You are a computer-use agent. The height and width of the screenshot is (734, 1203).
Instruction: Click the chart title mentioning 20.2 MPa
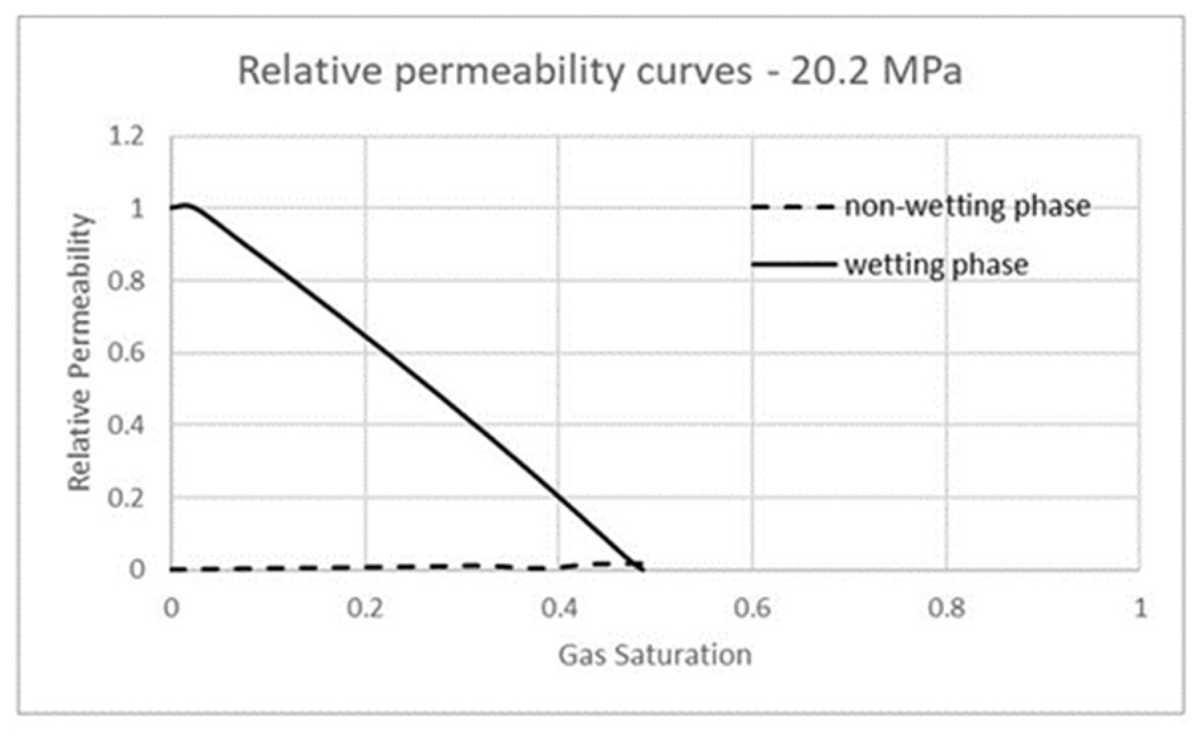point(600,71)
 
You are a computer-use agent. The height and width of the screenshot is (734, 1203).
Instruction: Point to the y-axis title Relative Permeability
point(80,353)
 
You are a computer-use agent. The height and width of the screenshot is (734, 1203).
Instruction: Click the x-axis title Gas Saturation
point(654,655)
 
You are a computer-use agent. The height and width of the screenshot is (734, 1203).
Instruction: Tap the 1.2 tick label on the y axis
point(126,137)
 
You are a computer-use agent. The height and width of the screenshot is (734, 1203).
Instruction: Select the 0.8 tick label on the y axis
point(126,281)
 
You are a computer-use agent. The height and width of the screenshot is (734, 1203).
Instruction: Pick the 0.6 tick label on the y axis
point(126,353)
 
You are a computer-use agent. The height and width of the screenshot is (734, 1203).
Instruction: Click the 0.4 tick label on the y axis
point(126,425)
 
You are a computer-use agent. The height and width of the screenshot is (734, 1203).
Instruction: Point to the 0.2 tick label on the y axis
point(126,498)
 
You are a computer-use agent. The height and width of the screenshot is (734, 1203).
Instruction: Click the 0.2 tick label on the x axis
point(365,608)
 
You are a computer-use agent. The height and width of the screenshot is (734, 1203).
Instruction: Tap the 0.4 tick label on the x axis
point(558,608)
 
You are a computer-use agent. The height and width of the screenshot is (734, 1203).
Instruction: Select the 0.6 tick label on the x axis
point(752,608)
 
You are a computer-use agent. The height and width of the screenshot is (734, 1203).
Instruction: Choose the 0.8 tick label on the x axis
point(946,608)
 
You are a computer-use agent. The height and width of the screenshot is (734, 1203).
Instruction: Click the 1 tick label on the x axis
point(1140,608)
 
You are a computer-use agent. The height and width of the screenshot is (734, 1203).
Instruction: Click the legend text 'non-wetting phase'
point(967,207)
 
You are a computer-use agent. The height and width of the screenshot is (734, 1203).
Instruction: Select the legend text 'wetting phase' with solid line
point(937,265)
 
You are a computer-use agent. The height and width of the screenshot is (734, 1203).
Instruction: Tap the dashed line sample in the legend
point(793,207)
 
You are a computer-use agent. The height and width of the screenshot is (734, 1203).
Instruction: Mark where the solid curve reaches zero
point(642,569)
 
